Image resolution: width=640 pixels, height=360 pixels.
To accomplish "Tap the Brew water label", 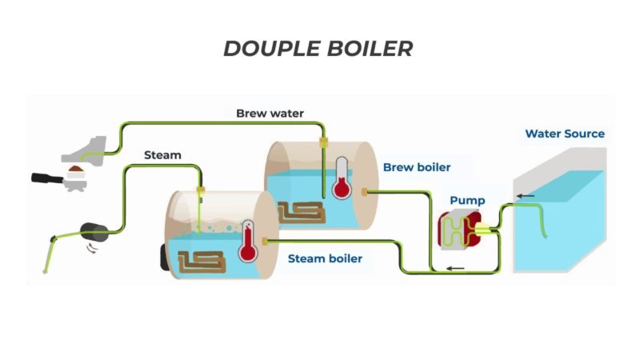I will tap(270, 114).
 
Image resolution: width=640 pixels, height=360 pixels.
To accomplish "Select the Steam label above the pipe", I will tap(162, 154).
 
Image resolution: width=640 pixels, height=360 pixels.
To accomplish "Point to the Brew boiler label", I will tap(417, 167).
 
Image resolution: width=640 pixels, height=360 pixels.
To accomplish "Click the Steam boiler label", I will tap(325, 258).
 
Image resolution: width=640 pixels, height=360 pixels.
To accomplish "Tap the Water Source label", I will tap(565, 134).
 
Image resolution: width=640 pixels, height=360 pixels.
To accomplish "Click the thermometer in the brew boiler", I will tap(342, 180).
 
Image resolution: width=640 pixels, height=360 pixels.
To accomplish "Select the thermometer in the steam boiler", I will tap(247, 243).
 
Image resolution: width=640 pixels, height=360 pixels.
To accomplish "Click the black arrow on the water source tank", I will tap(526, 194).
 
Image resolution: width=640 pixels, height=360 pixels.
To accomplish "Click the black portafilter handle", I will tap(46, 178).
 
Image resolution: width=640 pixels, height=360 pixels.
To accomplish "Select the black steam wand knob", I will tap(99, 234).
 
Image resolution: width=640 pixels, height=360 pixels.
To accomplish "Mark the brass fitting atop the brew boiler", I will tap(323, 142).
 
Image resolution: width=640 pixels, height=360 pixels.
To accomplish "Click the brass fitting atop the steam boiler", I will tap(201, 190).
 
